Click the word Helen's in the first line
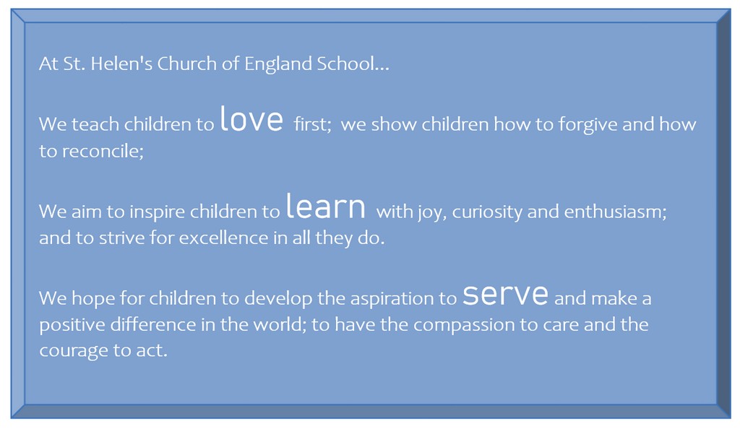pos(121,64)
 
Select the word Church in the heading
pos(186,64)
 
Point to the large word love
pos(251,118)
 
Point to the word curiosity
pos(487,212)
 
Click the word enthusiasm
pos(615,212)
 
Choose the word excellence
pos(223,238)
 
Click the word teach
pos(95,124)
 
